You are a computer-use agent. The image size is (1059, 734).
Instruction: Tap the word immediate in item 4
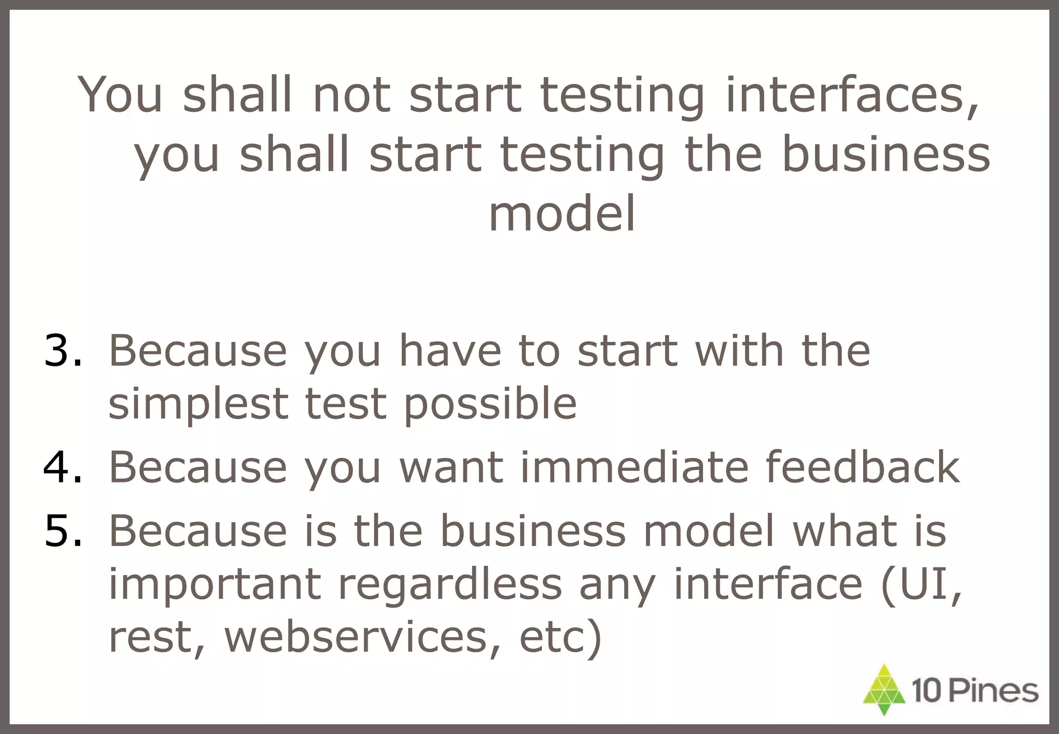tap(634, 467)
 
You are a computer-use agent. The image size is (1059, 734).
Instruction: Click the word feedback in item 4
tap(862, 467)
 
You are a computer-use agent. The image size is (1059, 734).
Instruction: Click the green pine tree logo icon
tap(884, 690)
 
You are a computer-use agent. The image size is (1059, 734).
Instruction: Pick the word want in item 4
tap(451, 467)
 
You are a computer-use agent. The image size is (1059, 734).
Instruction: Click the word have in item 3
tap(450, 351)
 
